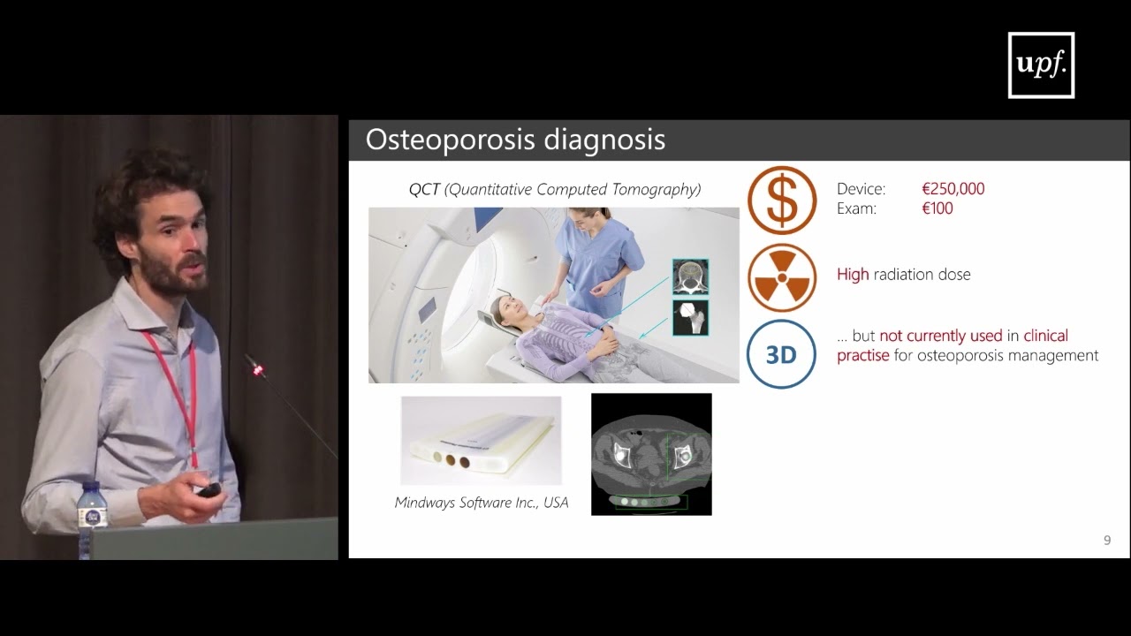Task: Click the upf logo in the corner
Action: (x=1041, y=65)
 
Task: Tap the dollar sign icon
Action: (x=782, y=200)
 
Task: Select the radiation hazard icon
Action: (x=782, y=277)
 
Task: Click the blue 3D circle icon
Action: (x=782, y=354)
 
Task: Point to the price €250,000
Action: (x=953, y=189)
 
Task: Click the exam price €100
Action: (x=937, y=209)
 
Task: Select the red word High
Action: (x=853, y=275)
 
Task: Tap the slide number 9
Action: (x=1107, y=540)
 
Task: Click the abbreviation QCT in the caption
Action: (x=423, y=189)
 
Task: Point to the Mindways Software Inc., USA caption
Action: (x=482, y=503)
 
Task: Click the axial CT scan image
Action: (x=651, y=454)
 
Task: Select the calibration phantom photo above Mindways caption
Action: (x=481, y=441)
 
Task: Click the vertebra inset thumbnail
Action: (x=690, y=276)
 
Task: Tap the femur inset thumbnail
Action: (x=690, y=317)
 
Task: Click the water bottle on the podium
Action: (x=91, y=516)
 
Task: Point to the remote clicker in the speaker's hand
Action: (x=209, y=489)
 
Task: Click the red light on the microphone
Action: (x=258, y=370)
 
